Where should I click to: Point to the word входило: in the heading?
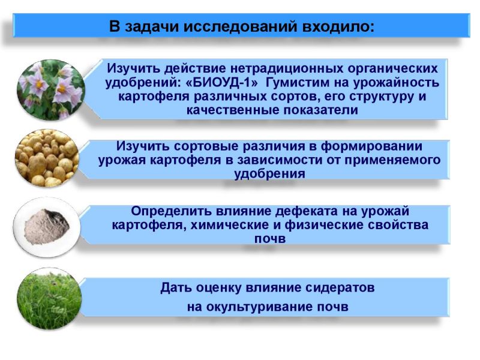[x=338, y=26]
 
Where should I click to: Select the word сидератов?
[x=340, y=288]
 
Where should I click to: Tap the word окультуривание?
[x=258, y=307]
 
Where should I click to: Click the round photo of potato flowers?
[x=50, y=89]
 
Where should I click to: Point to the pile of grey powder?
[x=47, y=226]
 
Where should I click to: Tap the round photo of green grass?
[x=50, y=299]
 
